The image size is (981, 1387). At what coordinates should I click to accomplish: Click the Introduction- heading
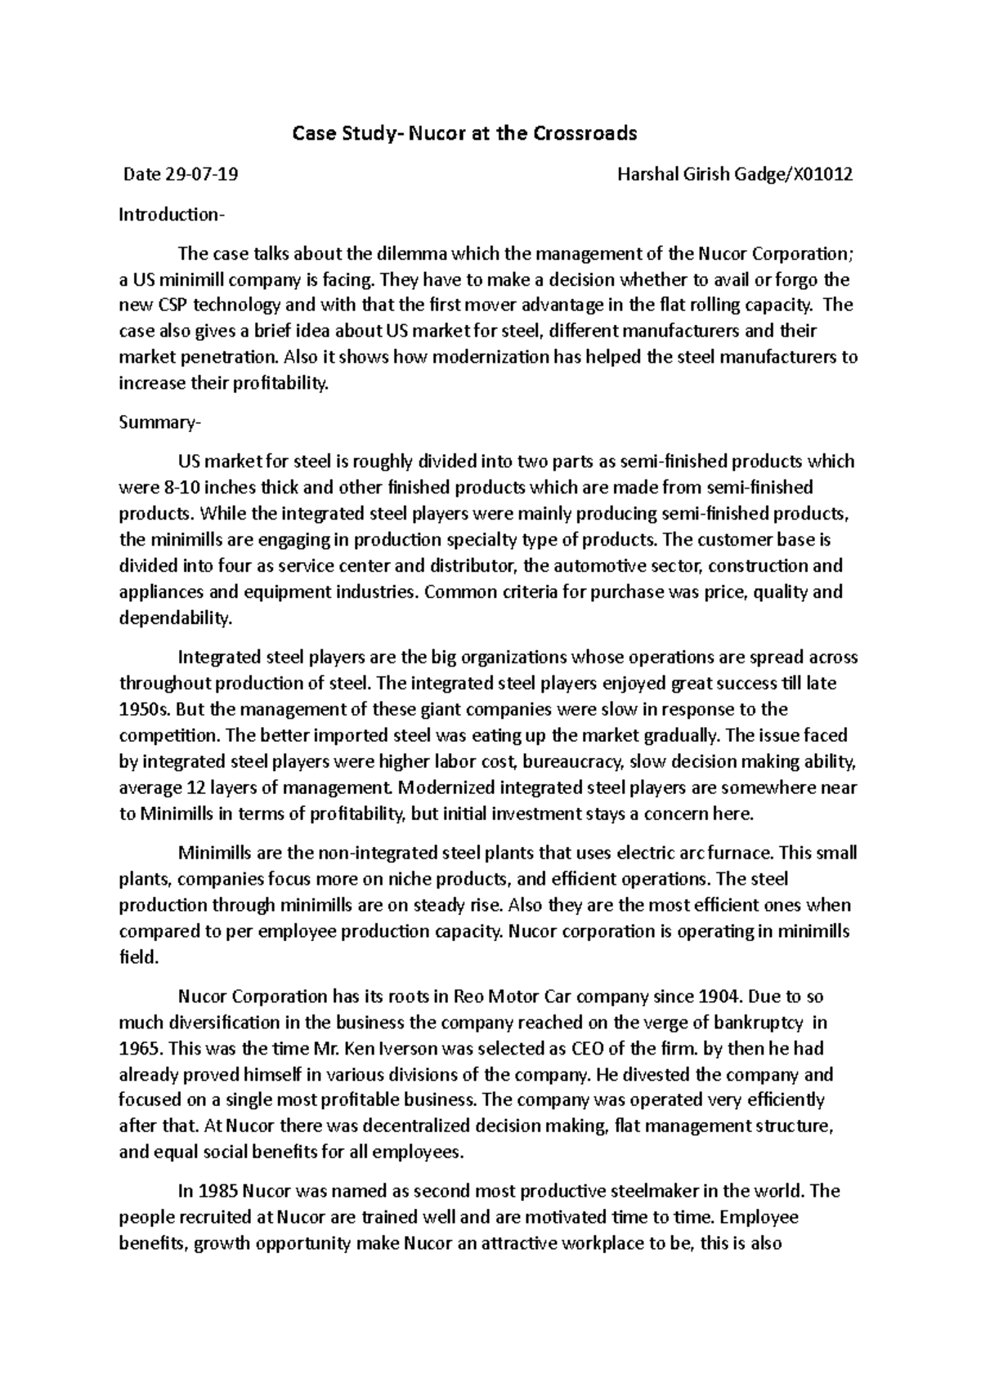pyautogui.click(x=170, y=215)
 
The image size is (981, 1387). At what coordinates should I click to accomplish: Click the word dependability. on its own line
pyautogui.click(x=176, y=618)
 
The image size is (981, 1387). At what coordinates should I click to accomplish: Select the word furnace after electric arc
pyautogui.click(x=745, y=853)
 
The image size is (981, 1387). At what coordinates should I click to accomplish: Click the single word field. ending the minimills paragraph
pyautogui.click(x=138, y=957)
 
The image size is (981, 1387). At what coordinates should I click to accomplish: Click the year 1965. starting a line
pyautogui.click(x=140, y=1048)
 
